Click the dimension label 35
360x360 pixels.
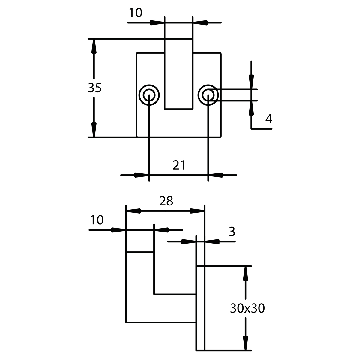[x=94, y=88]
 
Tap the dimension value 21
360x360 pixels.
[x=179, y=165]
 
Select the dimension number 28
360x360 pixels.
[x=166, y=201]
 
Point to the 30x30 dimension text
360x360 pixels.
[x=247, y=308]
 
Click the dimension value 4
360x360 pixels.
[x=269, y=118]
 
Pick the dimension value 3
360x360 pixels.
[x=232, y=232]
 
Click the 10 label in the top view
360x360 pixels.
[x=135, y=13]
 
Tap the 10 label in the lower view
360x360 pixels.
[x=97, y=220]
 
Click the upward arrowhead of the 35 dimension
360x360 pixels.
[x=94, y=46]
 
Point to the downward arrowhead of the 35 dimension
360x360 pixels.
[x=94, y=130]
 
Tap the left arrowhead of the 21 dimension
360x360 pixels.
[x=142, y=175]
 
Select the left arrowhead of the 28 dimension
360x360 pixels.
[x=133, y=211]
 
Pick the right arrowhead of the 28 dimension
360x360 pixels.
[x=197, y=211]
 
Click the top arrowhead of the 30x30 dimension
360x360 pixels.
[x=245, y=274]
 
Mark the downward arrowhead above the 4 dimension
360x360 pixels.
[x=251, y=82]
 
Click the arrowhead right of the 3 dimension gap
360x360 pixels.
[x=212, y=241]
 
